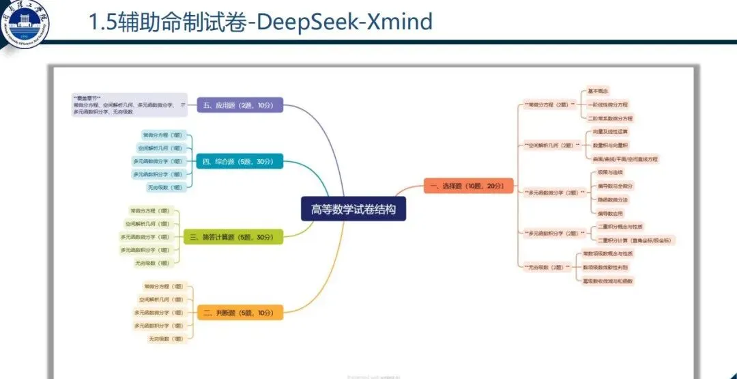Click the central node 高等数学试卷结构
(353, 209)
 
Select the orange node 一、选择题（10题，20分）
(468, 186)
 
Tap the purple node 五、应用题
(239, 105)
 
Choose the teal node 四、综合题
(239, 162)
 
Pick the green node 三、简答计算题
(233, 237)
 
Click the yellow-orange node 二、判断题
(239, 313)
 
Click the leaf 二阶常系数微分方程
(611, 117)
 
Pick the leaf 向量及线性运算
(611, 131)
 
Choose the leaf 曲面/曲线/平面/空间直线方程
(626, 158)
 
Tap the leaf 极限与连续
(607, 172)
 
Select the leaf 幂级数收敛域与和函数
(608, 281)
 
